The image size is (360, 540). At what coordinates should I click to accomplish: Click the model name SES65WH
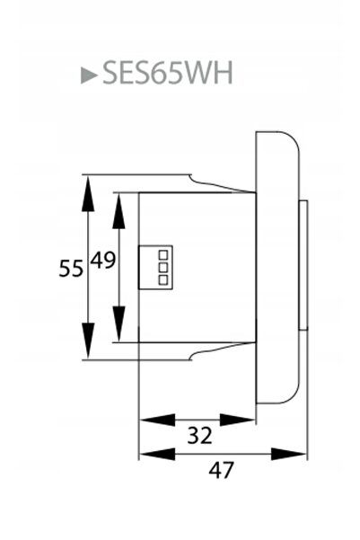[168, 73]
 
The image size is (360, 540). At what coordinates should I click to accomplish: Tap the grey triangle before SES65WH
[89, 75]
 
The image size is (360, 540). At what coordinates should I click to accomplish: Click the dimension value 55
[71, 268]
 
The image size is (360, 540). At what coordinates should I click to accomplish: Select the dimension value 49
[102, 260]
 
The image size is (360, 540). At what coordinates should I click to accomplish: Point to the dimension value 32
[199, 435]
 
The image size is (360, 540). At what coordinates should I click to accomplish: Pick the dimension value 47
[221, 470]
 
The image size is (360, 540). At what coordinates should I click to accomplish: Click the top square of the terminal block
[163, 255]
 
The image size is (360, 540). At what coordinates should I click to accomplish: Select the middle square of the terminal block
[163, 267]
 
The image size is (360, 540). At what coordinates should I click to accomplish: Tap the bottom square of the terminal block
[163, 279]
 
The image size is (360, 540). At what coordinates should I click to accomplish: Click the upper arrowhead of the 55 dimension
[88, 193]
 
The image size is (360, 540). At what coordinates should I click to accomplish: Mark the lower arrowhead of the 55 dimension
[88, 341]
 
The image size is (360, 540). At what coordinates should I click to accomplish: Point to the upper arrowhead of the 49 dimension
[119, 211]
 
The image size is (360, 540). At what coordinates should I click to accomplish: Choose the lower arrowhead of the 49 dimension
[119, 324]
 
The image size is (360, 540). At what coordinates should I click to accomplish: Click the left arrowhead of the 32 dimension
[157, 420]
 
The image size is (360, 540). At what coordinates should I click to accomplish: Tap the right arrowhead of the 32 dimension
[237, 420]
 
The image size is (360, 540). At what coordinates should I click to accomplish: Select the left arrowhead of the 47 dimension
[157, 454]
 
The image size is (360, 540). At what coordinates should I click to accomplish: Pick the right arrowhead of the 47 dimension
[289, 454]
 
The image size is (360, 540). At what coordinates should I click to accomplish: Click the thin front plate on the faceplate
[303, 265]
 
